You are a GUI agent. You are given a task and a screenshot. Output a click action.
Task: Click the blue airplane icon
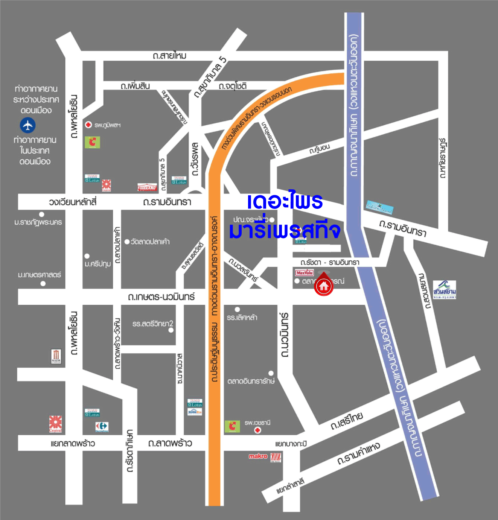point(28,125)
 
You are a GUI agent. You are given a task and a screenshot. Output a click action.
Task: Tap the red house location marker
point(323,286)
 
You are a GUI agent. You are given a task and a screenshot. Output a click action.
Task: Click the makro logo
point(258,456)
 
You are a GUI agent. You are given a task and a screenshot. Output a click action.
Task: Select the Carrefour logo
point(102,427)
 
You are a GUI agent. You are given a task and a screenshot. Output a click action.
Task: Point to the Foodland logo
point(147,187)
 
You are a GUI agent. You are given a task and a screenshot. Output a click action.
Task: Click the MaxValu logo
point(304,273)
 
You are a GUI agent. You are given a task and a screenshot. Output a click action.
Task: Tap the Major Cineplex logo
point(56,356)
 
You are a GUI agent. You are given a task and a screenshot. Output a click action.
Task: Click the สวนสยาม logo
point(444,290)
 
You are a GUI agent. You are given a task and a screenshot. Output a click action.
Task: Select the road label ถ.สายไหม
point(169,56)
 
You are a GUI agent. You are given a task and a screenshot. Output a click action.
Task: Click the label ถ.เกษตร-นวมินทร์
point(161,297)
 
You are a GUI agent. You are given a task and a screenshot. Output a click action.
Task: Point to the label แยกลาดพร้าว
point(73,443)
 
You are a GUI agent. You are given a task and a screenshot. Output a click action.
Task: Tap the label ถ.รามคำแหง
point(358,453)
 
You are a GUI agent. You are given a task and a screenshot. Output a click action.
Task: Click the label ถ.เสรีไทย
point(347,421)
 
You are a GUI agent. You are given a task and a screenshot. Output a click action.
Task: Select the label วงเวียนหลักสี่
point(73,202)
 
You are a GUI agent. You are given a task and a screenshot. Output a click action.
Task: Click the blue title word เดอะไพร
point(285,202)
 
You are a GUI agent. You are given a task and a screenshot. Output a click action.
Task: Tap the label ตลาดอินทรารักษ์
point(251,381)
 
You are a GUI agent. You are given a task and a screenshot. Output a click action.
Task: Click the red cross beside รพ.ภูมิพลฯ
point(88,125)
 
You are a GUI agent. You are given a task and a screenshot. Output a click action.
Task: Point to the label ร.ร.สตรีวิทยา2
point(152,324)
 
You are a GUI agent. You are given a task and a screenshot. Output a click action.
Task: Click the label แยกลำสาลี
point(290,486)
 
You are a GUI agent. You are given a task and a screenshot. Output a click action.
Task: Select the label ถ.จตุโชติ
point(233,86)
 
